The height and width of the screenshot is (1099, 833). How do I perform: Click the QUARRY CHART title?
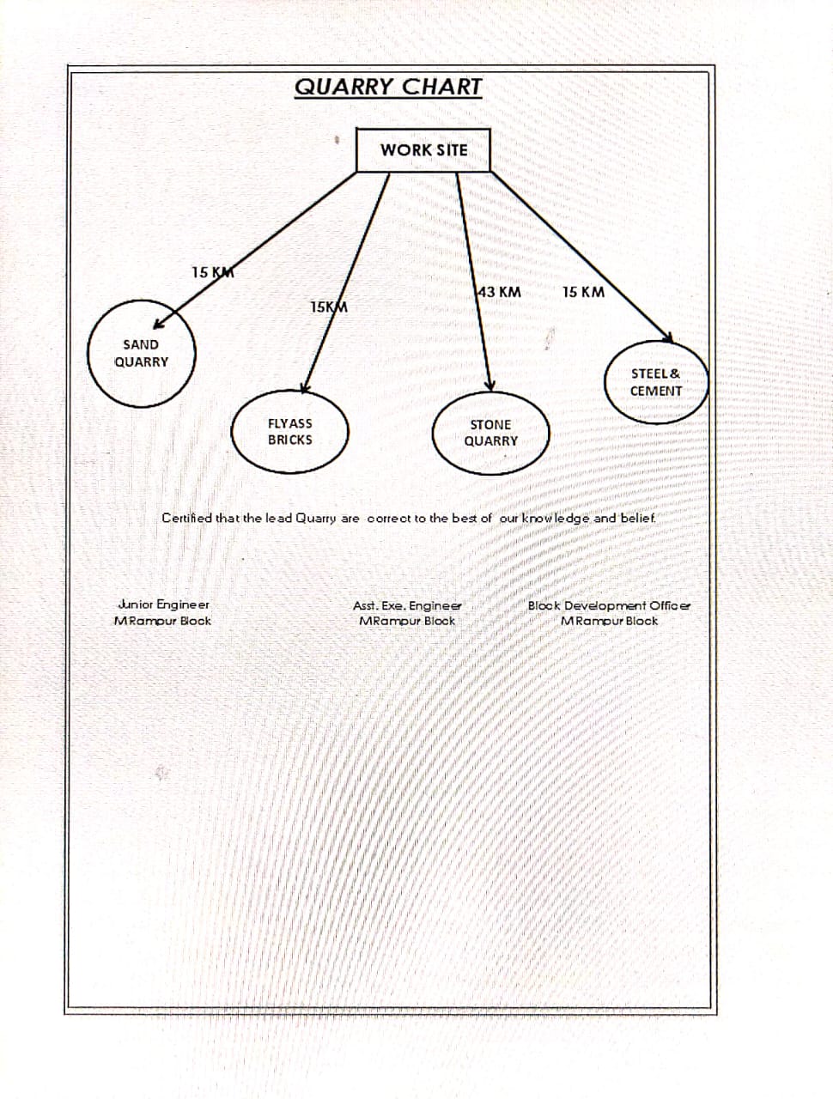388,87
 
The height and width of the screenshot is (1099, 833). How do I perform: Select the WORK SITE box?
423,150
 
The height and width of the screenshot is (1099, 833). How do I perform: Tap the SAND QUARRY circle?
142,354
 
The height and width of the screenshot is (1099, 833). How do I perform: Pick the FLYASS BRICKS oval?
290,432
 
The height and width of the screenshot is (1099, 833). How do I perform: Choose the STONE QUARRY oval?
491,433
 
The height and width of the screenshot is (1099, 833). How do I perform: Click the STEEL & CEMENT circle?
656,382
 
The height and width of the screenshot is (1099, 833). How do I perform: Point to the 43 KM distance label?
500,292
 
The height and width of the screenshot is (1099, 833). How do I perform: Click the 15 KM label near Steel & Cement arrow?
583,292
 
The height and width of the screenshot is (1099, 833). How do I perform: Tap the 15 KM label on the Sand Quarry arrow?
212,272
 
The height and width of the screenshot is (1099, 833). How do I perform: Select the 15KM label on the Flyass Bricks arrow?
329,307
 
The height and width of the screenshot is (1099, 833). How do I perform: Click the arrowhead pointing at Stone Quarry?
489,386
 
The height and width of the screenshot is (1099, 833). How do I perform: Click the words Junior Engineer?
163,604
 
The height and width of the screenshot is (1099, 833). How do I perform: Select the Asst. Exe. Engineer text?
407,605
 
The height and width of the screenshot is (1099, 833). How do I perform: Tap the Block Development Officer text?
609,605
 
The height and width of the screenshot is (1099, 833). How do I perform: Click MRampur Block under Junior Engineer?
162,621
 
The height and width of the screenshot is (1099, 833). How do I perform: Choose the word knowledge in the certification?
556,518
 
